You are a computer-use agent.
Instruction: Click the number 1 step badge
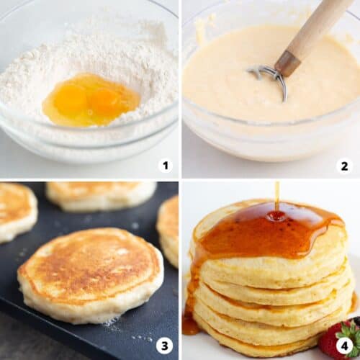[x=166, y=166]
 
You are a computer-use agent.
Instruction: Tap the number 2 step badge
[x=344, y=166]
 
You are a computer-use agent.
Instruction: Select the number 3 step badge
[x=166, y=346]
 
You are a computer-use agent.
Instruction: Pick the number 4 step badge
[x=344, y=346]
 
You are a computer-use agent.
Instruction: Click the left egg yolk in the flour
[x=71, y=99]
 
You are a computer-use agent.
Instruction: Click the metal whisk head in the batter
[x=268, y=76]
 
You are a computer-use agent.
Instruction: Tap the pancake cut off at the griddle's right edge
[x=170, y=227]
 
